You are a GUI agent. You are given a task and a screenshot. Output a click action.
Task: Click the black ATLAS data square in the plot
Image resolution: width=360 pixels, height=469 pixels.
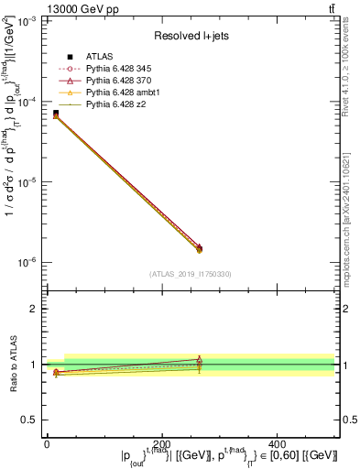point(56,113)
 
